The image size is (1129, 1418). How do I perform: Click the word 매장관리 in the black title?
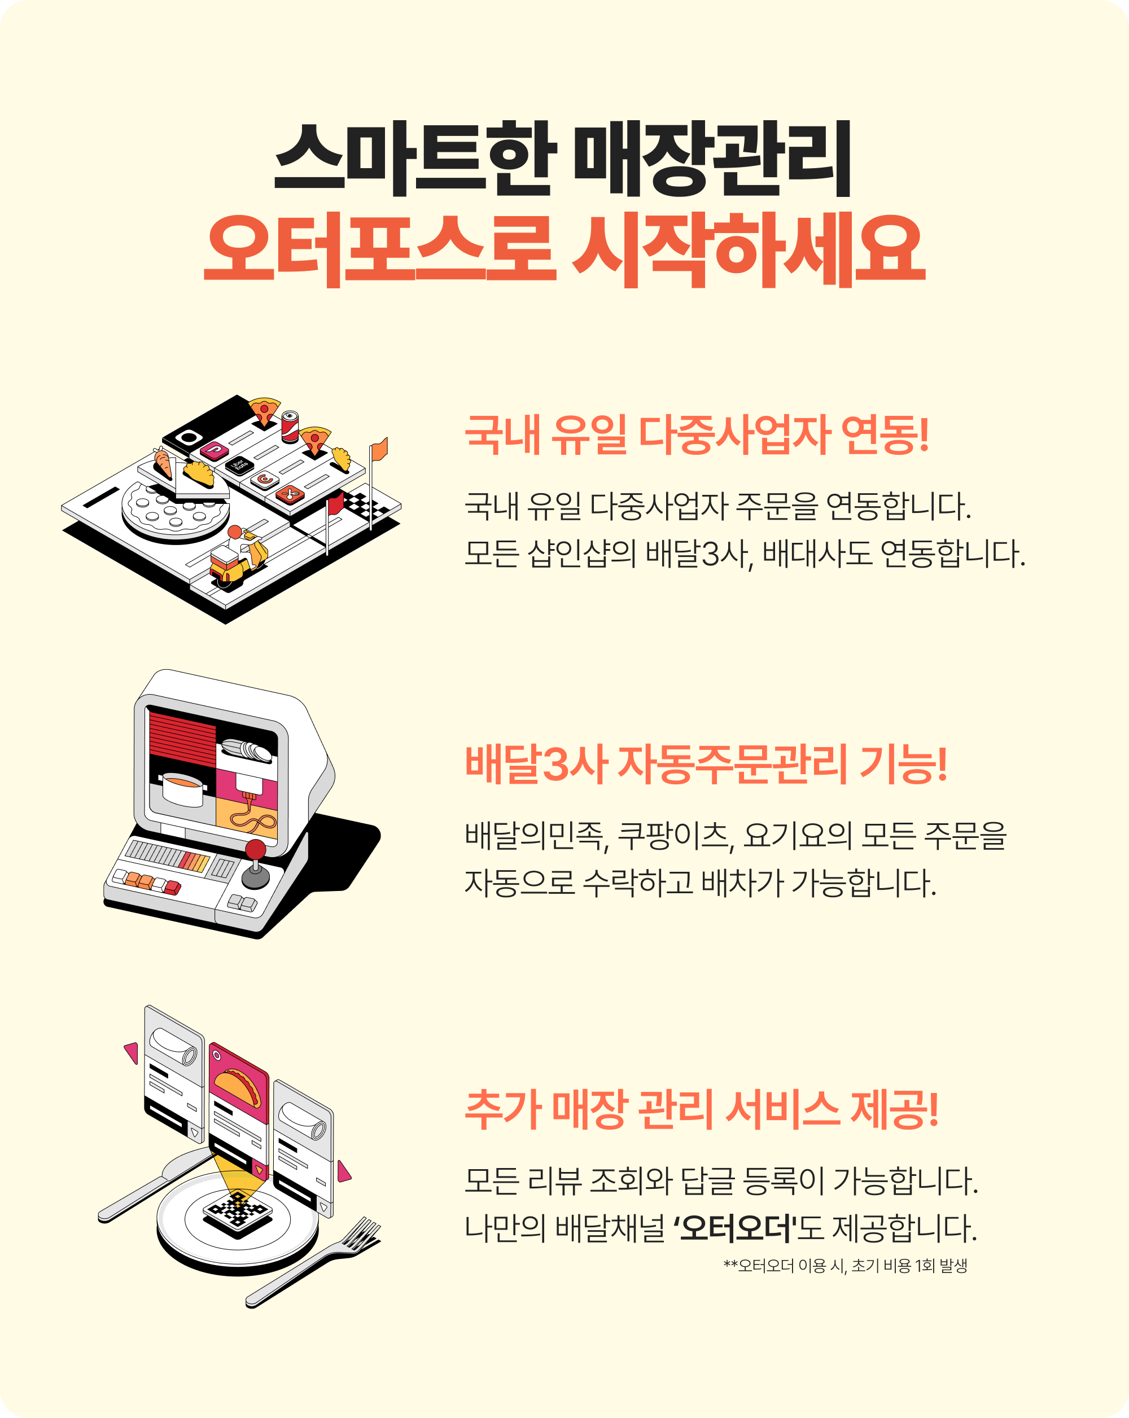713,159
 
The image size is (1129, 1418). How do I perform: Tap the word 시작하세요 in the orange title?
749,250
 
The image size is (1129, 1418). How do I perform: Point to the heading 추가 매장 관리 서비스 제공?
701,1109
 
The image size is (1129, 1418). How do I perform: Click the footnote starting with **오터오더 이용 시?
845,1266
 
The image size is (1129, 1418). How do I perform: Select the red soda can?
290,426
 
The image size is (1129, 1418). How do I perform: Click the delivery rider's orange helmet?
234,532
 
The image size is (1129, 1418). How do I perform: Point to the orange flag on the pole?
379,450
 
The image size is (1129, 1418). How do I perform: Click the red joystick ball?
255,850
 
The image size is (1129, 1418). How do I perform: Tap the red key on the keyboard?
172,888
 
